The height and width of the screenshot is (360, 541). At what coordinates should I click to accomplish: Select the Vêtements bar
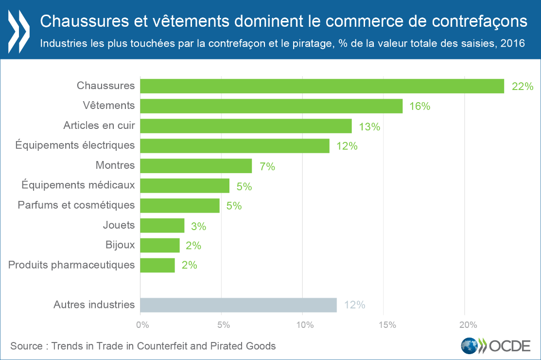click(x=271, y=106)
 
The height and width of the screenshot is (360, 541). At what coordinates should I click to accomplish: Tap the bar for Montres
click(x=196, y=165)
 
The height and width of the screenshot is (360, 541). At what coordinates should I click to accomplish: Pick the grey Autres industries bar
click(x=238, y=305)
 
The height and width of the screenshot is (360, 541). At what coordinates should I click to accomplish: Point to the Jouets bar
click(x=162, y=225)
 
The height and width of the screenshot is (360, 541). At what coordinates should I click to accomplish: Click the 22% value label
click(x=523, y=87)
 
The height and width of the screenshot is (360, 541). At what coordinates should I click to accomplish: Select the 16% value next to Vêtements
click(x=419, y=106)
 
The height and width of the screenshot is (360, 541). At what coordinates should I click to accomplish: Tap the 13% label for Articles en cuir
click(x=369, y=126)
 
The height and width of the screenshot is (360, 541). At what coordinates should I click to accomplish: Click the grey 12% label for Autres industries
click(x=354, y=305)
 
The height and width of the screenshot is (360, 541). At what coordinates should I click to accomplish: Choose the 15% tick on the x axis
click(x=384, y=324)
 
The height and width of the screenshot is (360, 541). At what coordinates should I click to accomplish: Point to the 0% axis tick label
click(x=141, y=324)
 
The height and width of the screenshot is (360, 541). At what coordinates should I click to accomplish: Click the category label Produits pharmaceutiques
click(x=71, y=265)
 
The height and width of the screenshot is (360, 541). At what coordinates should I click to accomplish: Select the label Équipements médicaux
click(x=78, y=185)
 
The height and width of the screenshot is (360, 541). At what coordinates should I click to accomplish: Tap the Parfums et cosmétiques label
click(x=76, y=205)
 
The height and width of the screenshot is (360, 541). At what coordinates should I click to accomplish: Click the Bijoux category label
click(x=120, y=244)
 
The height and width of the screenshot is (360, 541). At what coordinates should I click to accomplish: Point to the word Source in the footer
click(x=26, y=346)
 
